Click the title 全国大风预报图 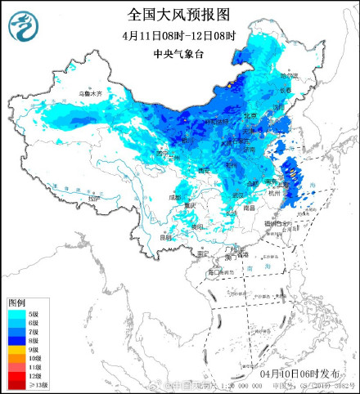(179, 15)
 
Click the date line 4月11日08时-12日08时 (179, 35)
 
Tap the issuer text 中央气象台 (179, 55)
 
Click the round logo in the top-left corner (25, 28)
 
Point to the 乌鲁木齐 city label (91, 95)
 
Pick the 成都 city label (175, 197)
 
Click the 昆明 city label (166, 237)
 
